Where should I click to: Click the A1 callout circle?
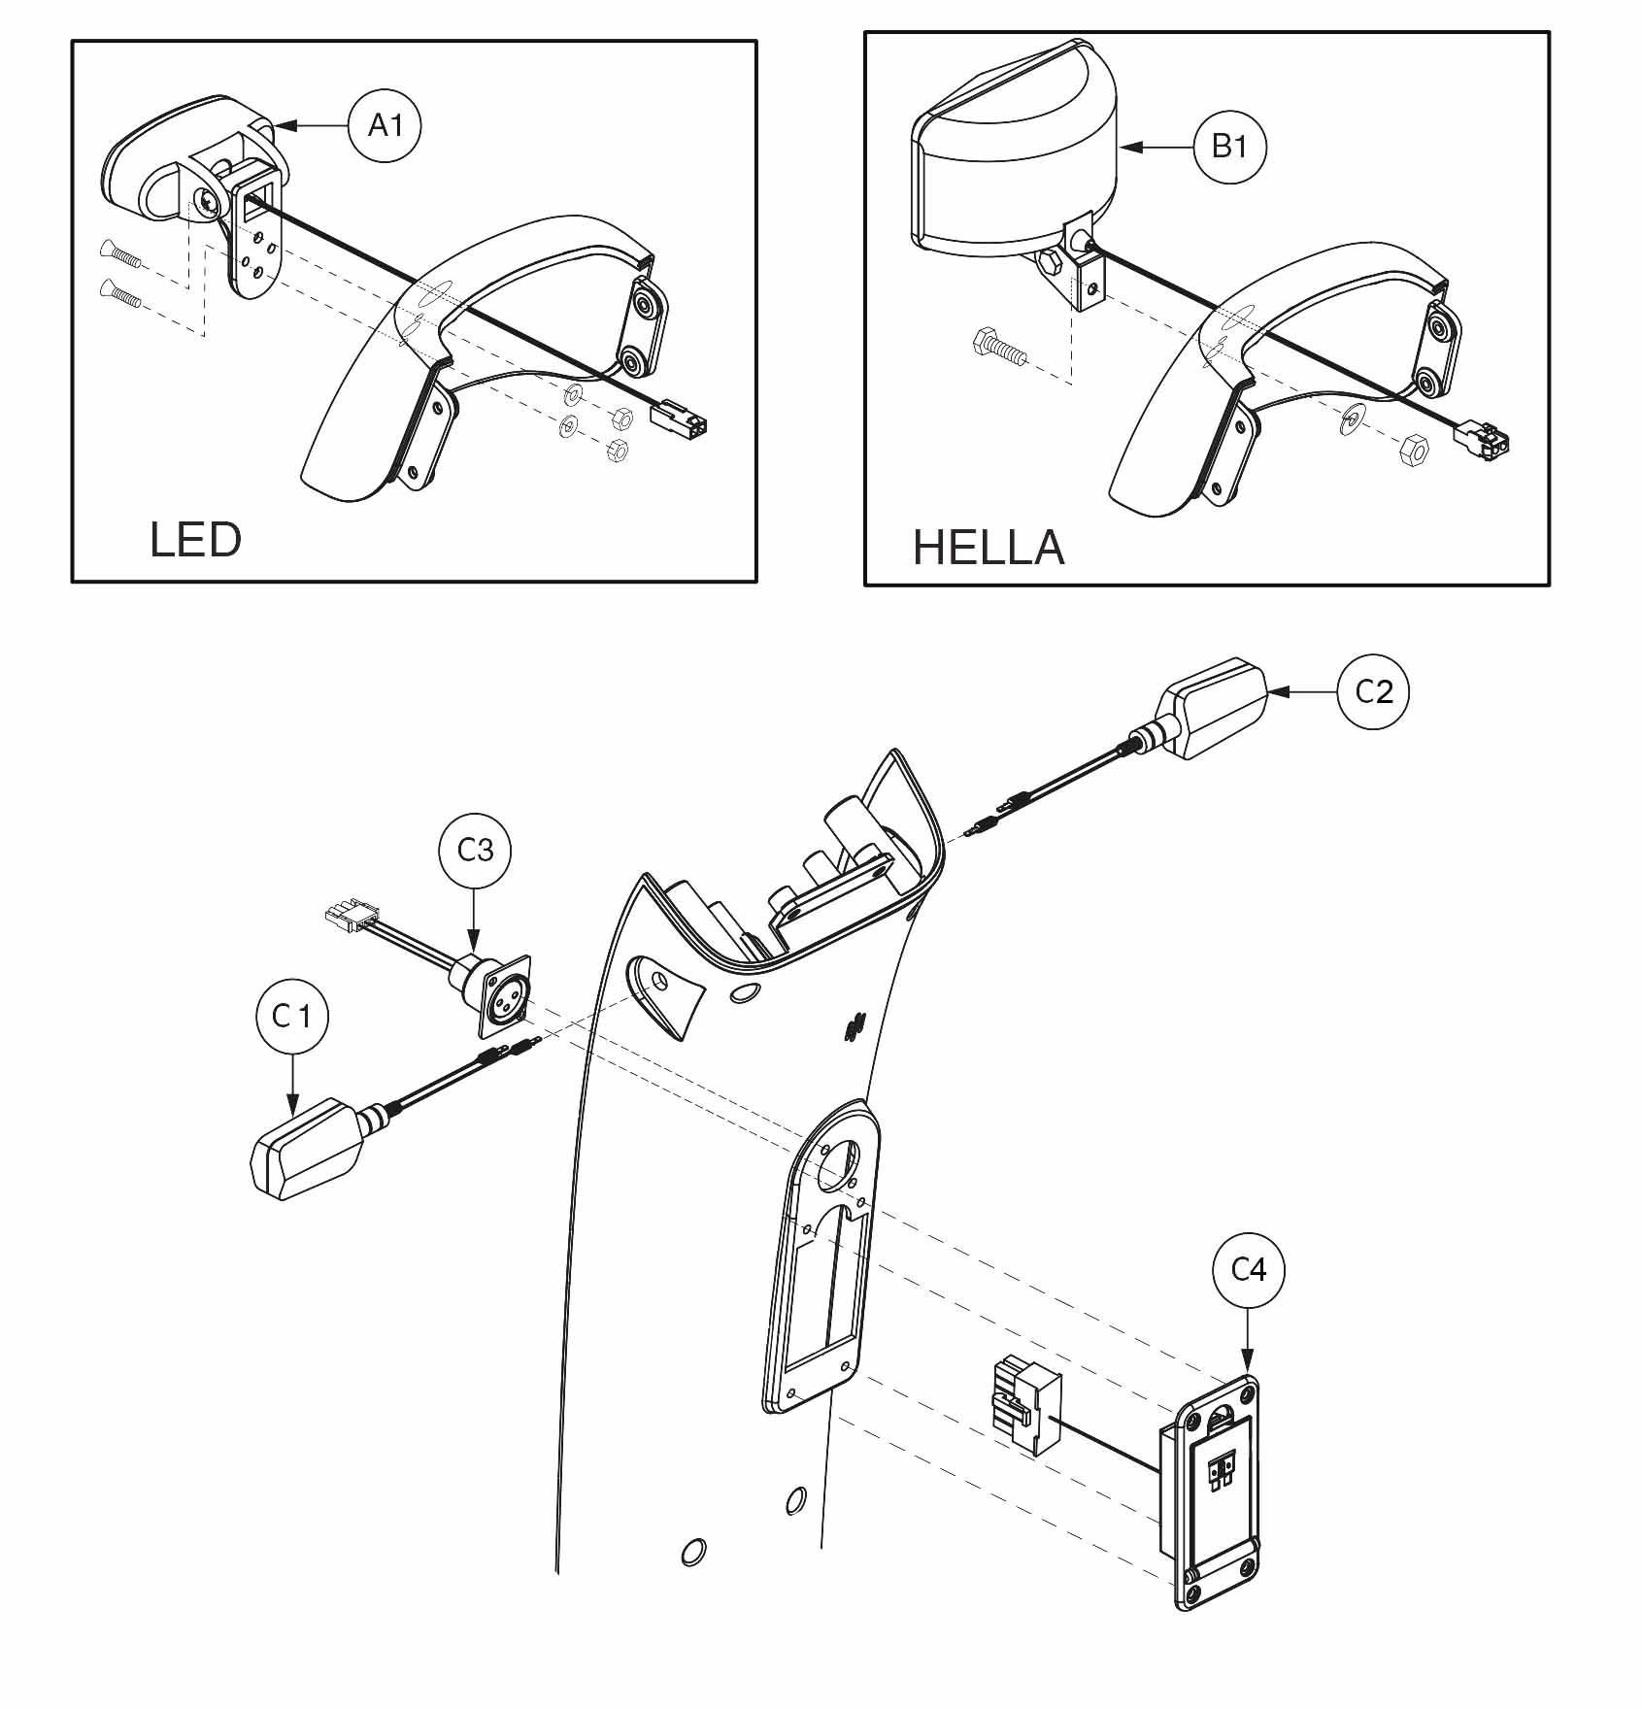[x=385, y=125]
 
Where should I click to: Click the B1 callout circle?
[x=1229, y=147]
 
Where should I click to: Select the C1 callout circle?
[x=292, y=1017]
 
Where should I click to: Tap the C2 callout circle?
[x=1373, y=691]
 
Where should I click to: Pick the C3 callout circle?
[x=475, y=851]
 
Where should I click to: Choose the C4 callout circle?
[x=1249, y=1269]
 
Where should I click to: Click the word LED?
[x=195, y=540]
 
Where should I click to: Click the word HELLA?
[x=989, y=548]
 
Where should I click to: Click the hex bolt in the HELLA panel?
[x=995, y=347]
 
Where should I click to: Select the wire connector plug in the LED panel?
[x=677, y=420]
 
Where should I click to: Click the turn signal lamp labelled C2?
[x=1214, y=709]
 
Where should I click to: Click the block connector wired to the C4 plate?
[x=1023, y=1406]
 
